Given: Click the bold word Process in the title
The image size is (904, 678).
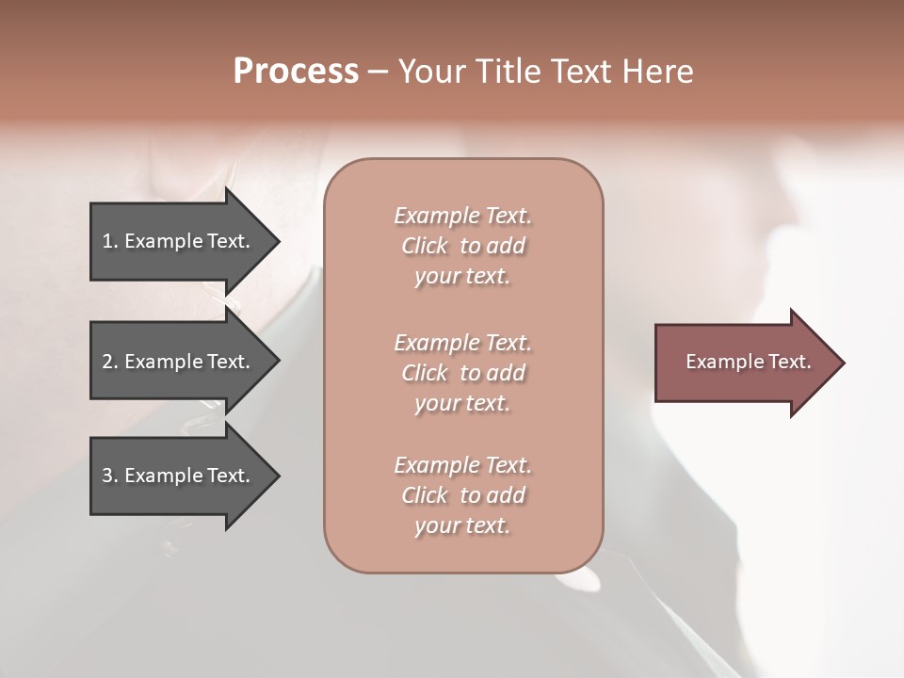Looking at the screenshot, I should (x=296, y=72).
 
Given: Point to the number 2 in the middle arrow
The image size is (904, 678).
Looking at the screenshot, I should (x=108, y=362).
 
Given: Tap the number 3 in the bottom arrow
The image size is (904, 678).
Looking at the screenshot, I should (x=108, y=476).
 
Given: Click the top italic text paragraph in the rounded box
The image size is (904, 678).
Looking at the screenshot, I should (x=462, y=246).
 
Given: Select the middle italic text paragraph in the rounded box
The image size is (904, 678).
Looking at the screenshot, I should (x=462, y=372).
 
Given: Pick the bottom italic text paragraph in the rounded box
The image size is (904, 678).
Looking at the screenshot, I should (x=462, y=494).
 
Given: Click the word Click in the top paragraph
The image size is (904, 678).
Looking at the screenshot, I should (x=425, y=246).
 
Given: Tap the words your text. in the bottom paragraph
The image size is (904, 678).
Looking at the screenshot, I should (x=462, y=525).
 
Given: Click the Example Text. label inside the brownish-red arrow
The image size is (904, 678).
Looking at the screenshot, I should (x=748, y=362).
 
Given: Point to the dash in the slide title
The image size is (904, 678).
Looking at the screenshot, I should (x=378, y=73).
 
